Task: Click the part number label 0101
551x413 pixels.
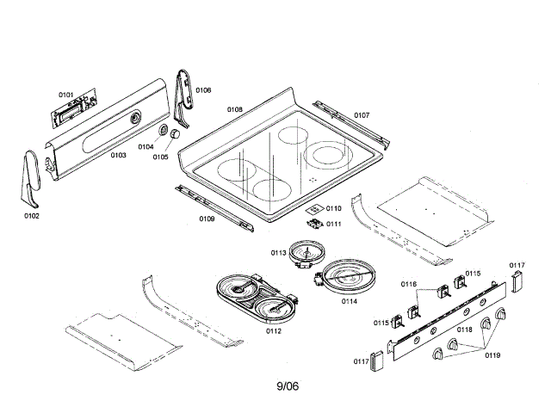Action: click(66, 94)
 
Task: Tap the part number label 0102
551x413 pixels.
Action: click(32, 215)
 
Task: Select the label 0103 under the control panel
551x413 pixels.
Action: click(119, 156)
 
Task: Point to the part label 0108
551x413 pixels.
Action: click(234, 110)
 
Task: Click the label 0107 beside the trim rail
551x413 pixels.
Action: click(362, 115)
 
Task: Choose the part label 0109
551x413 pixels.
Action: click(207, 219)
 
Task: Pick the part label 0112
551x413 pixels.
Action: click(273, 330)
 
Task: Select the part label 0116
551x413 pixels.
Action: click(408, 283)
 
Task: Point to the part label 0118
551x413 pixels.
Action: click(464, 330)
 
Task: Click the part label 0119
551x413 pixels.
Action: click(492, 354)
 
